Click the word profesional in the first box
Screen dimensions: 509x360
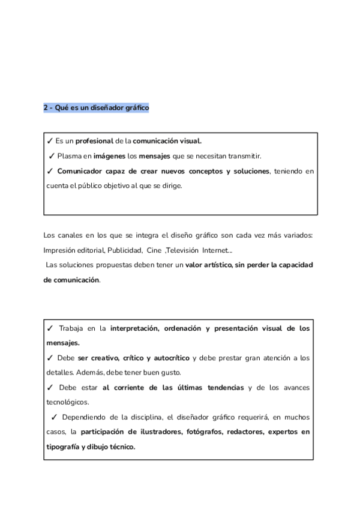(x=94, y=141)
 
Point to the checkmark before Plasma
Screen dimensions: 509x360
(x=52, y=156)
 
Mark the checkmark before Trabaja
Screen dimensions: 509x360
(x=50, y=328)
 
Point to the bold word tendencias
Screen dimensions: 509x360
(x=221, y=387)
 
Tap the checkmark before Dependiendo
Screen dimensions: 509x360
(x=54, y=417)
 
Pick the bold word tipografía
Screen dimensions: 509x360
(x=62, y=447)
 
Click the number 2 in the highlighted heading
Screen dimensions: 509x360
(x=46, y=108)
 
